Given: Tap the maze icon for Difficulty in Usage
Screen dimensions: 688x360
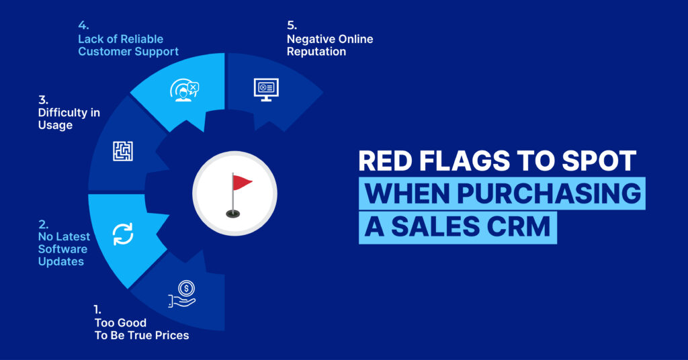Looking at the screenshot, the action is (123, 151).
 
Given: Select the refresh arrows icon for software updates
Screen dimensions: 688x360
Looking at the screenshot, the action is (123, 234).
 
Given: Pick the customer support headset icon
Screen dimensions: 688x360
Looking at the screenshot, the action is (184, 90).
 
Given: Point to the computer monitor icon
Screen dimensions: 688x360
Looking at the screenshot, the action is (266, 89).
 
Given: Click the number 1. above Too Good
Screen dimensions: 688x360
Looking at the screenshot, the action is (97, 310).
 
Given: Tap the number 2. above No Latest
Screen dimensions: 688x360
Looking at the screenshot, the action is (43, 224).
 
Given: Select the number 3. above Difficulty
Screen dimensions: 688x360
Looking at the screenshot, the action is (43, 100).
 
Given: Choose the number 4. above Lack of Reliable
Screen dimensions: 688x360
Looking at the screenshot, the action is (83, 26).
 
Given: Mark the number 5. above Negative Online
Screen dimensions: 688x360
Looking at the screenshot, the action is (292, 26).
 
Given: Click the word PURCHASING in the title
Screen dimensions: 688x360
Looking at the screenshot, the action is (549, 193).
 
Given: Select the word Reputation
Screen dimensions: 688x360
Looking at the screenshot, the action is (316, 52).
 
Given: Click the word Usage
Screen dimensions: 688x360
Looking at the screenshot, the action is (55, 126).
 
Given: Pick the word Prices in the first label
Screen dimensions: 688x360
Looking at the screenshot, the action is (172, 335).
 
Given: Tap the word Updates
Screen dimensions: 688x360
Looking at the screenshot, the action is (61, 262).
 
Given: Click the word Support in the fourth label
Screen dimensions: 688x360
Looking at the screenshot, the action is (157, 52).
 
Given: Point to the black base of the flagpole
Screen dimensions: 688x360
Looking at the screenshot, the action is (232, 214).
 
